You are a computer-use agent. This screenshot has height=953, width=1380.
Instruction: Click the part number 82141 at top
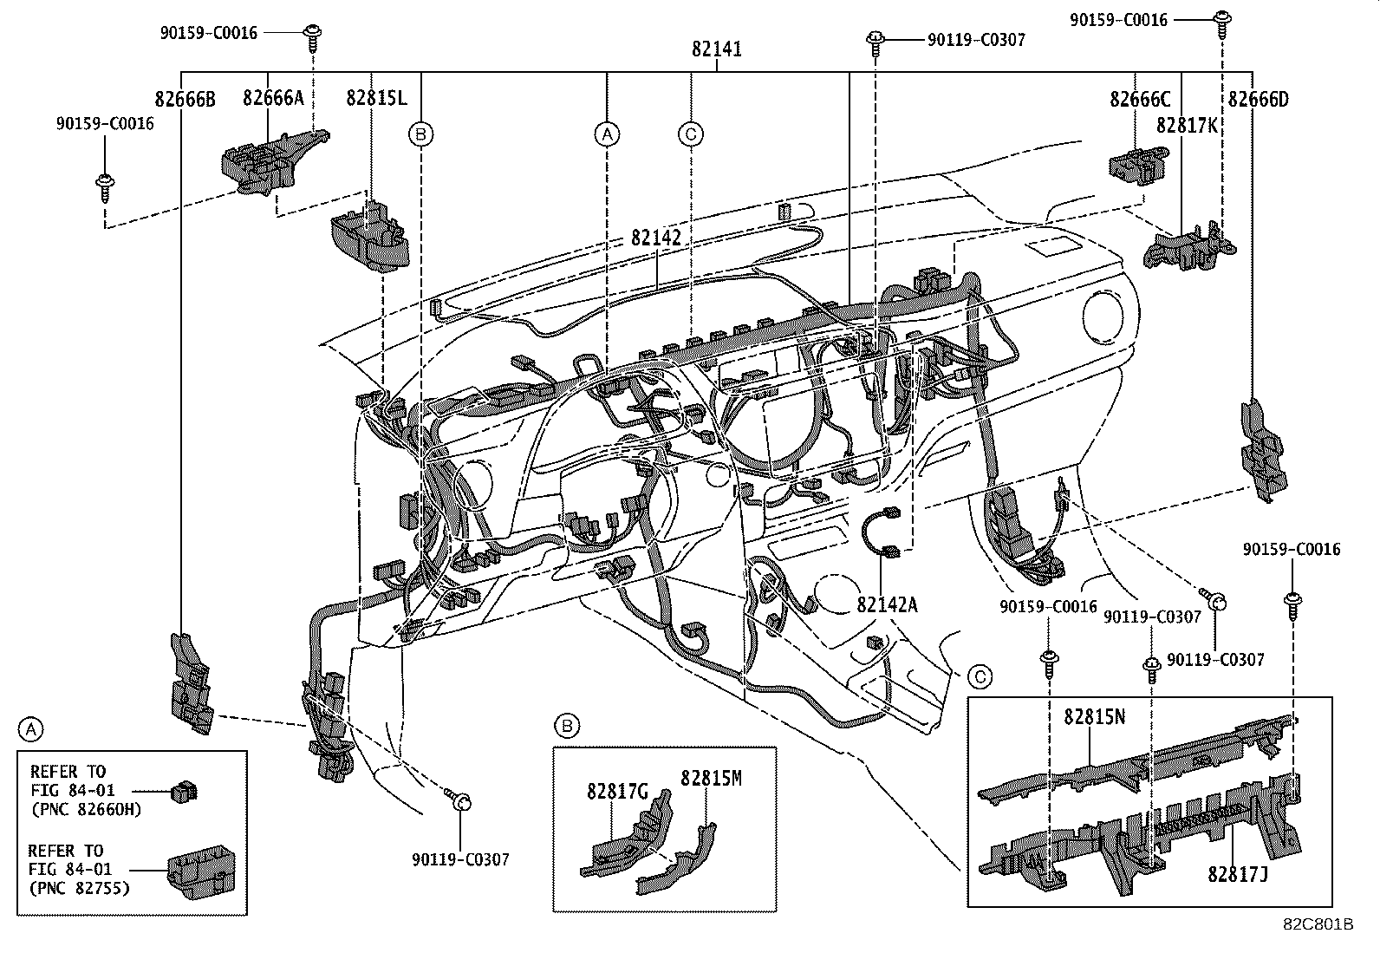coord(716,49)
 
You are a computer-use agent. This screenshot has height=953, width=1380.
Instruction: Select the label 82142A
coord(887,604)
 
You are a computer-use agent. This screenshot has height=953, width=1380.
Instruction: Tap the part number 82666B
coord(185,99)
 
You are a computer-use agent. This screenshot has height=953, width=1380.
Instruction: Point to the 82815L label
coord(375,98)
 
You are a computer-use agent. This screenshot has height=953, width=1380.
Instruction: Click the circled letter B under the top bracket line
coord(421,134)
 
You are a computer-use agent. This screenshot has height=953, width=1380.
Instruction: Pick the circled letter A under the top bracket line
coord(607,134)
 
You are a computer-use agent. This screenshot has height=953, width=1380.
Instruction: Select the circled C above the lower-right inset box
coord(980,676)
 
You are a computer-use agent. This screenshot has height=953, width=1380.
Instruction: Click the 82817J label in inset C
coord(1238,874)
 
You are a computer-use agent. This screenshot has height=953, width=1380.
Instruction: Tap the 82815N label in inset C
coord(1095,717)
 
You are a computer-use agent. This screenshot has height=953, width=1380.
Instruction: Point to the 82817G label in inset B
coord(617,791)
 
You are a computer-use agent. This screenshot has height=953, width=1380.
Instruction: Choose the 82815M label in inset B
coord(711,778)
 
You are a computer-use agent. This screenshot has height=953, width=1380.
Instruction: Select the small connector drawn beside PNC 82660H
coord(185,790)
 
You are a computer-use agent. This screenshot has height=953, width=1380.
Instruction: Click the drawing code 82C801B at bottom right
coord(1318,924)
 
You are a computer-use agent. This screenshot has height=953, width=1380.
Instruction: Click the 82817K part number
coord(1186,125)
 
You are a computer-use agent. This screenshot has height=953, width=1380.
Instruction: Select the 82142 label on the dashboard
coord(655,237)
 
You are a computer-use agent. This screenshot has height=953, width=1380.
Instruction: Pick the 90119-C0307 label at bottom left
coord(460,859)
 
